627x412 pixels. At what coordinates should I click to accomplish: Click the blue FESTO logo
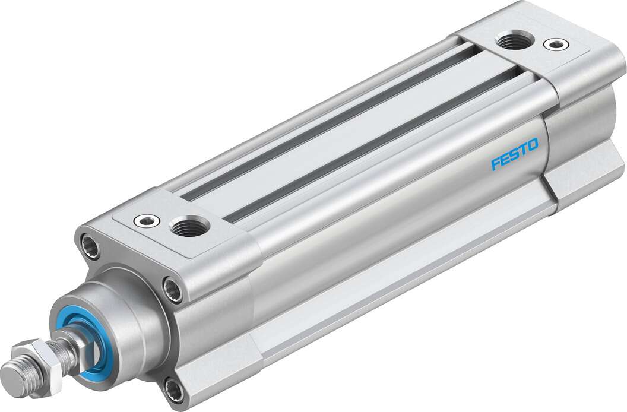[514, 154]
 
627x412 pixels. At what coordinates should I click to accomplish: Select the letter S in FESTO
[514, 154]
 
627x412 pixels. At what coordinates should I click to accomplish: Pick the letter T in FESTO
[523, 148]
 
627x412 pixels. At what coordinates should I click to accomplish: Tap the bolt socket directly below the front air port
[173, 289]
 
